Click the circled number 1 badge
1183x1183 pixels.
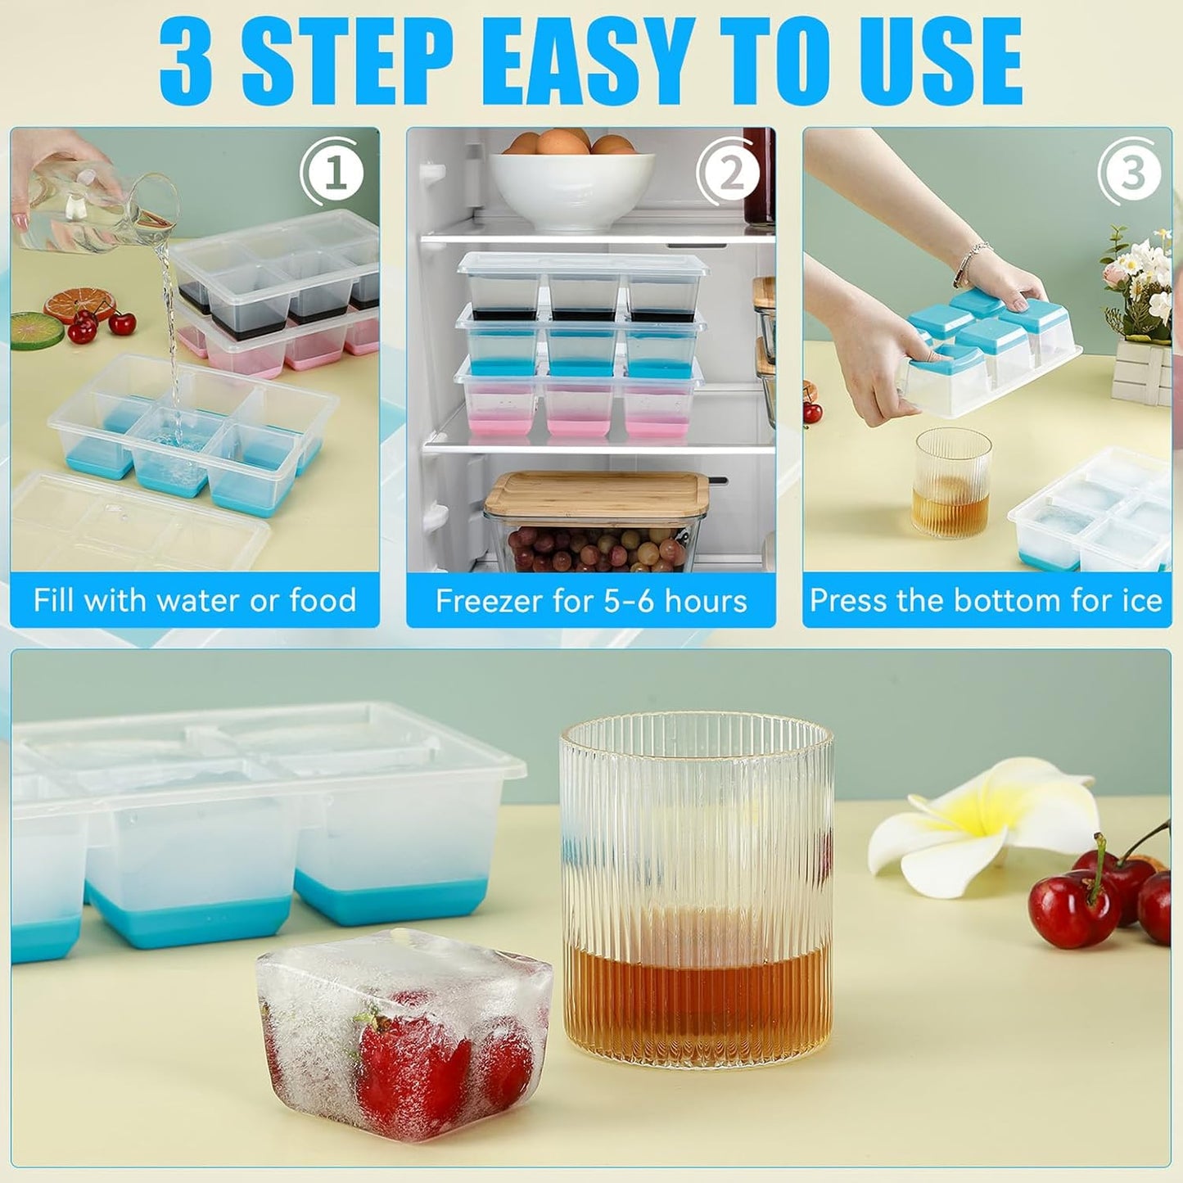(x=333, y=174)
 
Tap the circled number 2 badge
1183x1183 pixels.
(x=729, y=174)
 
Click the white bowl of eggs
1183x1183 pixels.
(x=571, y=184)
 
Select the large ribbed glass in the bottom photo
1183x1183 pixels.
(x=697, y=888)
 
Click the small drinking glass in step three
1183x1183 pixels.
(x=951, y=482)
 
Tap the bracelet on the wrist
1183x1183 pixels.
(x=972, y=261)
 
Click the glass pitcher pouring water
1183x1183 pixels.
(x=94, y=209)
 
